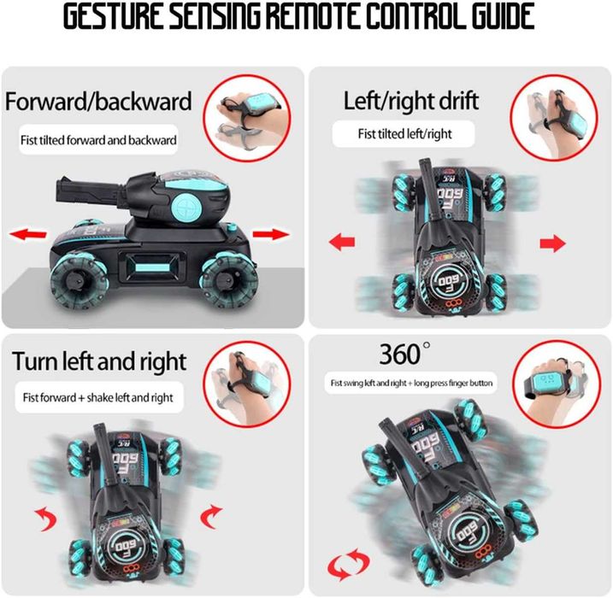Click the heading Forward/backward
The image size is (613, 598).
point(98,101)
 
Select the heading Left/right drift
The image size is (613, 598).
point(411,101)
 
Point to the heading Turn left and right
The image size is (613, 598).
point(99,361)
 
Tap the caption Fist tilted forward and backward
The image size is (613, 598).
point(98,140)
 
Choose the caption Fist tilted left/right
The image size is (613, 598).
point(404,134)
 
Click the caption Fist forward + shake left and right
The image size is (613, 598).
point(97,397)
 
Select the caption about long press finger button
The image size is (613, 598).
point(411,383)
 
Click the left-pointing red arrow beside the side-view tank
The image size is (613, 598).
point(28,234)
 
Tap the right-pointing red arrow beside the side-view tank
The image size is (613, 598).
point(271,234)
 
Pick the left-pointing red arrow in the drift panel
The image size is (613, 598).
point(342,242)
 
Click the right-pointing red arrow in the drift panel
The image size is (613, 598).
point(552,243)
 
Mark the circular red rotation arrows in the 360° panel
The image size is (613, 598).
point(348,564)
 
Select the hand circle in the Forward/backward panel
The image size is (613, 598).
point(247,119)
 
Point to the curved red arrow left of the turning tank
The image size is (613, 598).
point(48,519)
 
